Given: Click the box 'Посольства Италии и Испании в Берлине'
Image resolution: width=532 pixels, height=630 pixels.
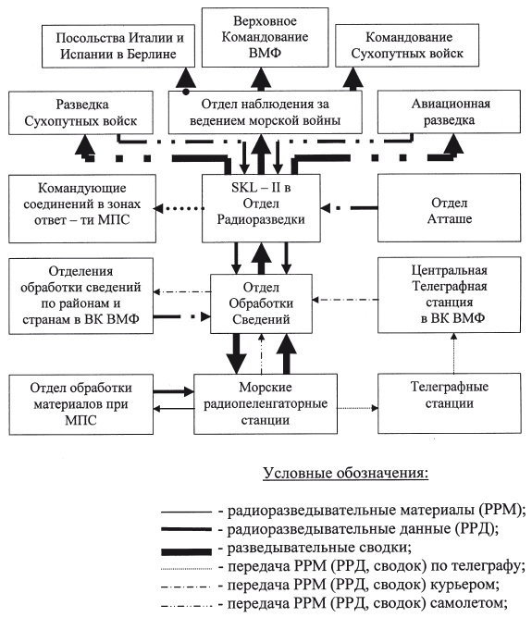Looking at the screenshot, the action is point(118,46).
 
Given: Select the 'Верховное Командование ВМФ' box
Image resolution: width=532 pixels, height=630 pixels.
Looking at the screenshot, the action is point(265,37).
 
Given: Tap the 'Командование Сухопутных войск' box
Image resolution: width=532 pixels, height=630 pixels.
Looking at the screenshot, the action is point(407,45).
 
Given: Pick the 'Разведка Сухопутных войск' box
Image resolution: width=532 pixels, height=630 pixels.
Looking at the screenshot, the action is point(80,113).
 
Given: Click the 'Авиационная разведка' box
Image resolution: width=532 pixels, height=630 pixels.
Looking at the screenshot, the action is point(449,112).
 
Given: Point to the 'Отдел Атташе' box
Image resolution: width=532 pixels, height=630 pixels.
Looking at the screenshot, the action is point(450,208).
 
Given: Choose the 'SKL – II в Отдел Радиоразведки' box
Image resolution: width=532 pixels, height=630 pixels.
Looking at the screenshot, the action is point(261,208).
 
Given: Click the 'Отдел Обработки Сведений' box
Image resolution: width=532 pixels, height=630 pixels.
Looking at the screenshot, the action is point(261,303).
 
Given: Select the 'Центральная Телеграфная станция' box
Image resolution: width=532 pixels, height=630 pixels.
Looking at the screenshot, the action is point(450,295).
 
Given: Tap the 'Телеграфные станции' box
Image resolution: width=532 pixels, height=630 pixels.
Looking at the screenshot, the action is point(450,403).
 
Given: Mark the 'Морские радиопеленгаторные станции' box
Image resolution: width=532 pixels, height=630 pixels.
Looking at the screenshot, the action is point(266,403).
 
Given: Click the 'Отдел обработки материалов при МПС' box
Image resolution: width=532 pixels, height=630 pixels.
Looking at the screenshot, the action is point(80,404).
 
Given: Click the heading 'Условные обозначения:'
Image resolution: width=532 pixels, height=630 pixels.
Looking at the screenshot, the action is point(345,473).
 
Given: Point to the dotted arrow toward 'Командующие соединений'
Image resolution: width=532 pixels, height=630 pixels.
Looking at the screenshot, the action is point(179,208).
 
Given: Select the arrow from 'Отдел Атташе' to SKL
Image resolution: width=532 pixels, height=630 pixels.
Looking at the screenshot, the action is point(349,208).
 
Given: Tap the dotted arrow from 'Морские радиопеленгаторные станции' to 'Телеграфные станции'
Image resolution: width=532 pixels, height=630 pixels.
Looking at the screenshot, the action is point(358,408).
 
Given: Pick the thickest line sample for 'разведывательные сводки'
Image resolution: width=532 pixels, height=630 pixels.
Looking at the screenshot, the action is point(186,551).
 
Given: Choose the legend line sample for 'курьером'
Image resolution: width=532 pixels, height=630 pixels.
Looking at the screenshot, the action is point(186,587).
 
